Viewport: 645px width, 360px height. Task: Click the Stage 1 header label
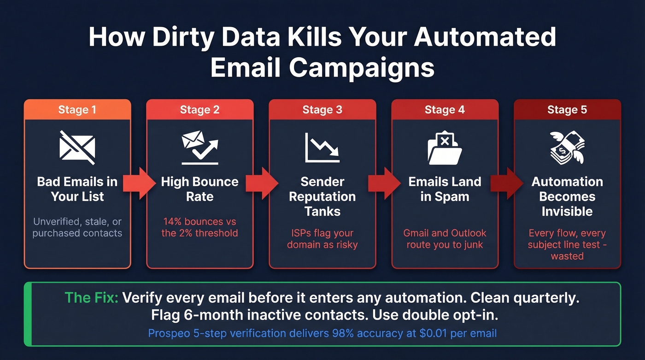[x=77, y=110]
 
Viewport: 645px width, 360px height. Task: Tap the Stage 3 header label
[x=322, y=110]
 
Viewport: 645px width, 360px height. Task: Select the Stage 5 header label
[x=567, y=110]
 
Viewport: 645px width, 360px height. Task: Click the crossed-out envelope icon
[x=77, y=148]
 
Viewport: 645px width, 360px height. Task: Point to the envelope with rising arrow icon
[x=199, y=148]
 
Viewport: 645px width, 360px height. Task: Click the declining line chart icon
[x=322, y=148]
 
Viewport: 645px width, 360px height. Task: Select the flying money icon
[x=567, y=148]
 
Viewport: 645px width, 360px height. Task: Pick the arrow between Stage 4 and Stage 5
[x=506, y=183]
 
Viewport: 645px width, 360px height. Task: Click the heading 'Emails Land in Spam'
[x=445, y=189]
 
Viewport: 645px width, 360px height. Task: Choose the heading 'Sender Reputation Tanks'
[x=322, y=196]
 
